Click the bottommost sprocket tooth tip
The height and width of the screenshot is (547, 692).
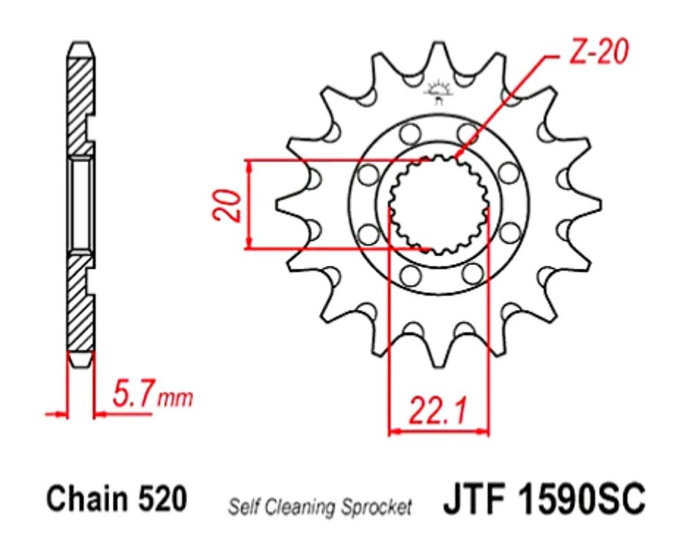tap(439, 365)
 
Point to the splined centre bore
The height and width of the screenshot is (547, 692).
tap(439, 205)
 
